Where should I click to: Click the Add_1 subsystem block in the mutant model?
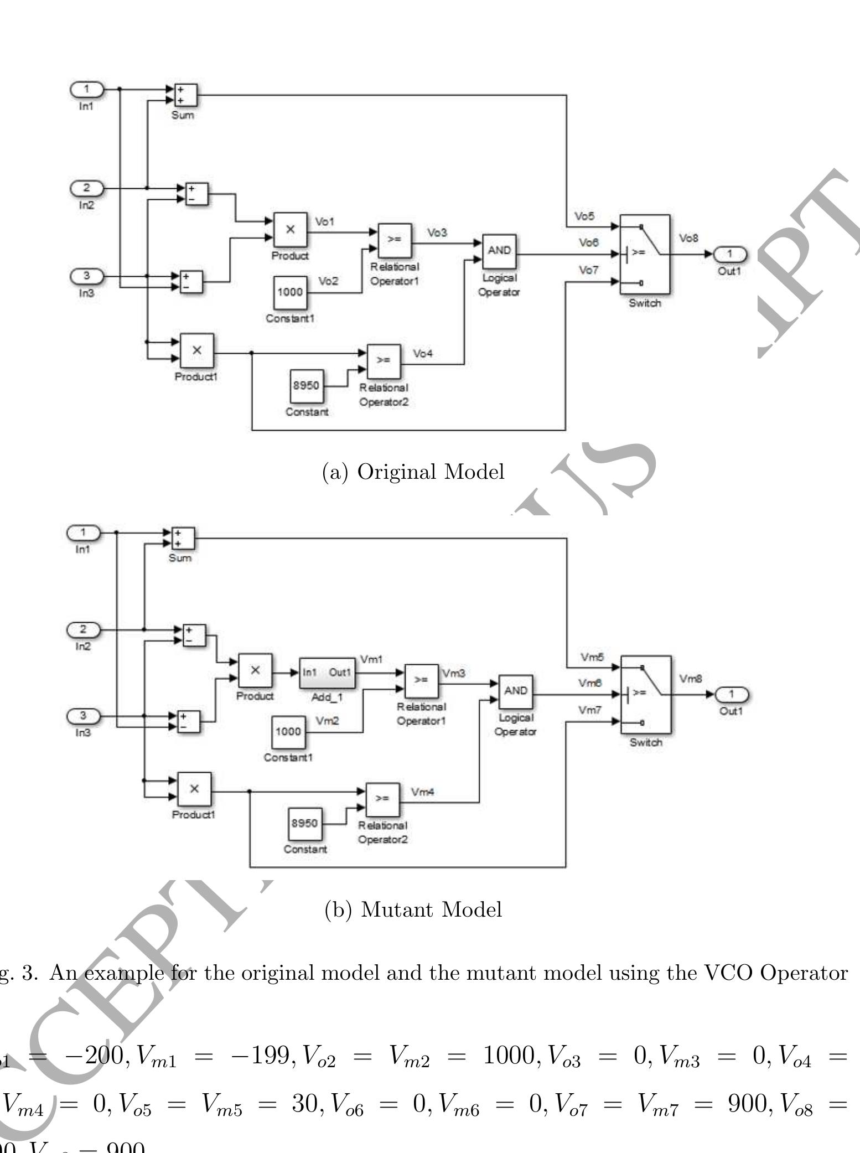click(327, 673)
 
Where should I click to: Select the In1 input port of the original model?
click(86, 89)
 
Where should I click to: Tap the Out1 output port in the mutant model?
click(731, 694)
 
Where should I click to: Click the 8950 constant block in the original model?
click(307, 386)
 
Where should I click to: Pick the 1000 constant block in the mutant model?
click(288, 732)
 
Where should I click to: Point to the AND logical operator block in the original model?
click(499, 251)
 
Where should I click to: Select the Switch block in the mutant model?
click(646, 694)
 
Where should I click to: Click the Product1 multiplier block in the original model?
click(196, 350)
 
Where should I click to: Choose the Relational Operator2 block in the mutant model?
click(382, 799)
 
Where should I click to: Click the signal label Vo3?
click(437, 233)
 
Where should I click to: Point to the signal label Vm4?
click(423, 792)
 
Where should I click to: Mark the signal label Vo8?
click(689, 238)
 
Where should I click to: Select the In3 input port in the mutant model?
click(83, 716)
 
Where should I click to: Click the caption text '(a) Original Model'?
click(413, 472)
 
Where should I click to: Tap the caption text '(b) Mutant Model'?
click(413, 909)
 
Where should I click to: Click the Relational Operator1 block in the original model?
click(395, 240)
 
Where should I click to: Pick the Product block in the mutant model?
click(255, 670)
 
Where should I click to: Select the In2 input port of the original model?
click(86, 188)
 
